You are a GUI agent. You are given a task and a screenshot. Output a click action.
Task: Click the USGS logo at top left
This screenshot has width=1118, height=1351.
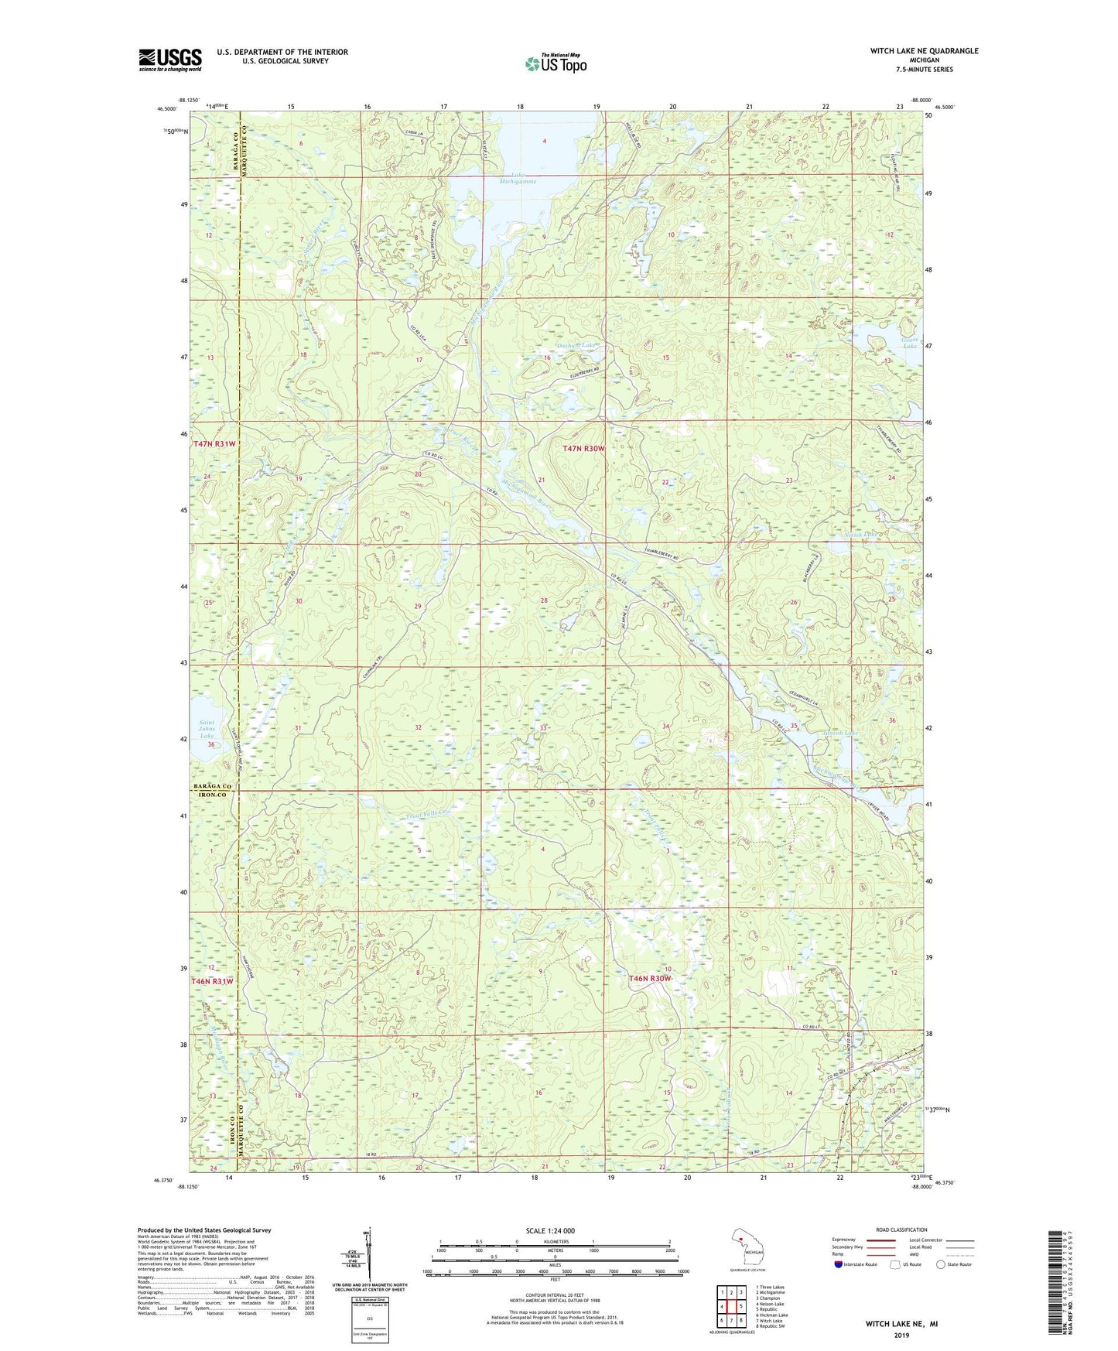(x=170, y=60)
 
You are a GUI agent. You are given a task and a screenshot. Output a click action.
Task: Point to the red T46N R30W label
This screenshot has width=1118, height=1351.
(x=650, y=979)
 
